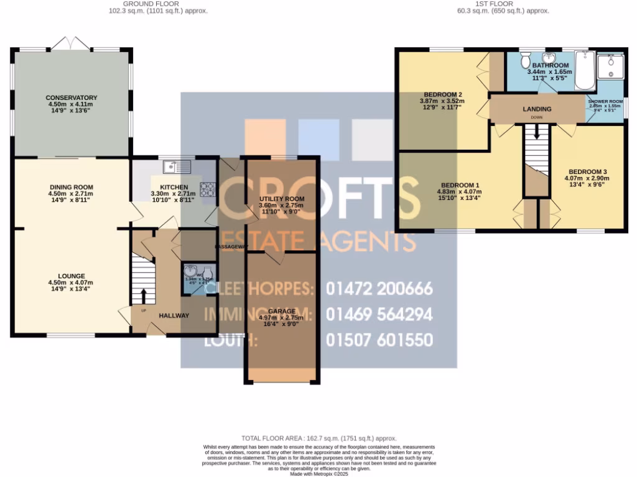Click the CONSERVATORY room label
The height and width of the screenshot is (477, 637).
(x=72, y=98)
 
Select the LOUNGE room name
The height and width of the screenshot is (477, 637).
(x=72, y=276)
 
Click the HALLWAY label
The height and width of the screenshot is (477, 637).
(x=174, y=316)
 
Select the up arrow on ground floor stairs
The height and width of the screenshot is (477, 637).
(x=144, y=294)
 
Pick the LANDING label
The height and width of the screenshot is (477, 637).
(x=536, y=109)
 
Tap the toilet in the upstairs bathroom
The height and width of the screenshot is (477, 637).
(x=525, y=60)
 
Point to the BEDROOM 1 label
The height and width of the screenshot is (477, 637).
(x=460, y=185)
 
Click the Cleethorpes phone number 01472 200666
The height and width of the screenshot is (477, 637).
(x=379, y=289)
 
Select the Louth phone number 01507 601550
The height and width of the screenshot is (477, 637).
(x=379, y=340)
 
